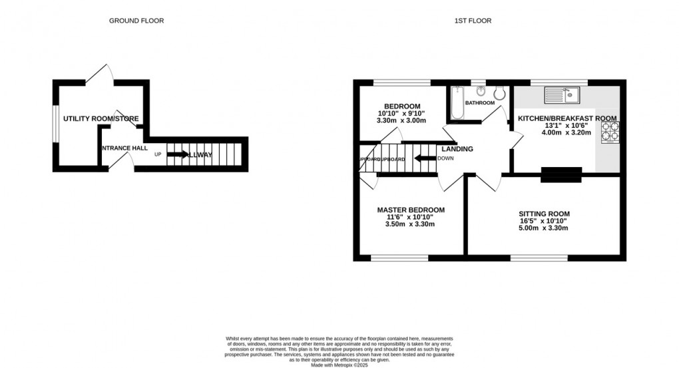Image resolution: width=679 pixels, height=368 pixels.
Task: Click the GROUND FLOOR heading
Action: pyautogui.click(x=136, y=21)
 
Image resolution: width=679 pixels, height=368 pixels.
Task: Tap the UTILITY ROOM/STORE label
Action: pyautogui.click(x=101, y=119)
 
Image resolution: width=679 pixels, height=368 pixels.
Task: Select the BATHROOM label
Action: pyautogui.click(x=479, y=103)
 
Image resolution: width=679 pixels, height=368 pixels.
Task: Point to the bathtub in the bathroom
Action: pyautogui.click(x=457, y=103)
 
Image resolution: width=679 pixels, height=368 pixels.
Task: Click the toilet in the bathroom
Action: pyautogui.click(x=499, y=94)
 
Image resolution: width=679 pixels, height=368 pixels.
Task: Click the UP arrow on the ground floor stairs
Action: pyautogui.click(x=177, y=154)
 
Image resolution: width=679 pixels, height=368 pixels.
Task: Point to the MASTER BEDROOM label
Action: pyautogui.click(x=410, y=210)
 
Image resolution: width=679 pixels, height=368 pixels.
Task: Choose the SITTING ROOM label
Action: pyautogui.click(x=544, y=214)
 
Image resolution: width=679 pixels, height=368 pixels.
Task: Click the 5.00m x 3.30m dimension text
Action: pyautogui.click(x=544, y=228)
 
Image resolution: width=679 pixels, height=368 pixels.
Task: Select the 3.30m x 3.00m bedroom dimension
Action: pyautogui.click(x=401, y=120)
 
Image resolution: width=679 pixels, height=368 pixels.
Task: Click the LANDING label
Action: pyautogui.click(x=457, y=149)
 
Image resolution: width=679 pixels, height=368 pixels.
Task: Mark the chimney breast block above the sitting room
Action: pyautogui.click(x=561, y=175)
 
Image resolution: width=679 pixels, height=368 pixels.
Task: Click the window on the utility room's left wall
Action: pyautogui.click(x=56, y=124)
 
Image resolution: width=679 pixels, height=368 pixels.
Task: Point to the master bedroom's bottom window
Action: pyautogui.click(x=399, y=258)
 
